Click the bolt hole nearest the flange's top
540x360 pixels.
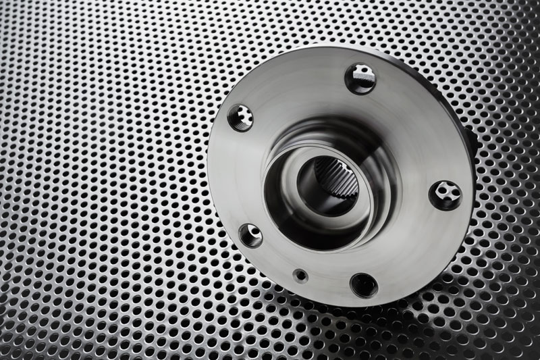coord(360,78)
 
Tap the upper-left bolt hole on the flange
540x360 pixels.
coord(240,118)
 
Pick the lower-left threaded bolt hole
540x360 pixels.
coord(250,235)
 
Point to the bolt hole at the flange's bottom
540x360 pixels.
coord(364,284)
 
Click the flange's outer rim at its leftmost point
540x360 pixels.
coord(209,169)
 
